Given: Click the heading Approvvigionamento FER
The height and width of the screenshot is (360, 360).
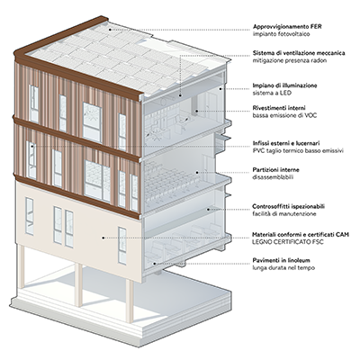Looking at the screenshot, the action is [x=287, y=27].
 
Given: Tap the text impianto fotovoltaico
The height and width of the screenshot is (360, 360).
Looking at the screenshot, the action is [x=281, y=34].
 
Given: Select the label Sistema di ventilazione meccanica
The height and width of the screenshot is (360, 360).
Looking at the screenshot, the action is [x=299, y=53].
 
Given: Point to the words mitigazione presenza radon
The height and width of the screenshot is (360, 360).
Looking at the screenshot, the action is [x=290, y=60].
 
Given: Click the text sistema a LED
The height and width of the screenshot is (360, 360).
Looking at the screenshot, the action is [x=272, y=93].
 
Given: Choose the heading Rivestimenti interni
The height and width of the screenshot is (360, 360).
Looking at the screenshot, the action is [x=279, y=108].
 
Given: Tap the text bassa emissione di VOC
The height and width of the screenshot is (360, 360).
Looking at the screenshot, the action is [x=284, y=115].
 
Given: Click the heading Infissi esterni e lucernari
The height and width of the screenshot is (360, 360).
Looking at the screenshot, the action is [x=286, y=143].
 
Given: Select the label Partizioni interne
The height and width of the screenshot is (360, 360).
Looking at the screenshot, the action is [x=275, y=170].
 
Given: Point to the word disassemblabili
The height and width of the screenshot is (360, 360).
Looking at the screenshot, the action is [x=273, y=177].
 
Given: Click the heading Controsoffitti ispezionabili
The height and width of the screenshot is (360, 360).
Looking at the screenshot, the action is [x=289, y=207].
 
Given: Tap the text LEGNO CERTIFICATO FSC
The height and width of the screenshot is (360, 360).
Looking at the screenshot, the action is [x=288, y=242].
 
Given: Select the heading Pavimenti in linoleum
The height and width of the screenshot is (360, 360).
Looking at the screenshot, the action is [x=281, y=260].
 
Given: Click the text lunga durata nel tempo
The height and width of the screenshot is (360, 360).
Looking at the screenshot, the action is [x=283, y=267].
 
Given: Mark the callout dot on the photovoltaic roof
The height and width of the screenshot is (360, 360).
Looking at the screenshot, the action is [x=110, y=30].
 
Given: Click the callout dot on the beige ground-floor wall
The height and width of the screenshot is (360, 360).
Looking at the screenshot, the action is [x=103, y=238].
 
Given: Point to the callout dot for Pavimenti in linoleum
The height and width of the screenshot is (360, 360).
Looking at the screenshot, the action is [x=155, y=264].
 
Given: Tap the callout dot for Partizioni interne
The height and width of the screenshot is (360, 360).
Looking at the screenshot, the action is [x=197, y=173].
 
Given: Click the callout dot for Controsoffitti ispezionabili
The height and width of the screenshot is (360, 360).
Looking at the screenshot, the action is [x=208, y=210].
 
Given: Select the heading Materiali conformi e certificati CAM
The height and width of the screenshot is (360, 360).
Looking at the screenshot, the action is [x=301, y=235].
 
